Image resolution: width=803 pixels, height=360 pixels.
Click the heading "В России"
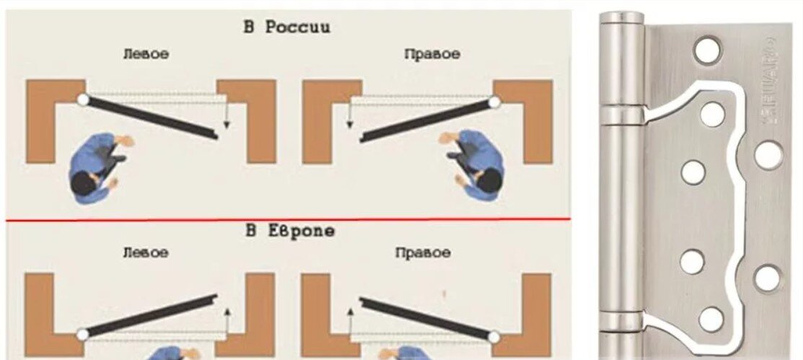point(286,27)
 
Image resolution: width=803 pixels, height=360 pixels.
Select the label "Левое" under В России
point(146,55)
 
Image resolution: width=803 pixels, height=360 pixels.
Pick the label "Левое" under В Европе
point(146,253)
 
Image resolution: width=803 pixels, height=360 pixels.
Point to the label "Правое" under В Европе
point(423,253)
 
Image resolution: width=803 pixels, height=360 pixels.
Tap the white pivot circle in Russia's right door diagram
point(494,103)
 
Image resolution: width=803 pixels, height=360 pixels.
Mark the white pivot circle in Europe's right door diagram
point(494,336)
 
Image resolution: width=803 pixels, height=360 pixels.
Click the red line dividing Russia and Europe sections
point(289,219)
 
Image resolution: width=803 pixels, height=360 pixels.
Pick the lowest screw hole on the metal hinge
point(711,318)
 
